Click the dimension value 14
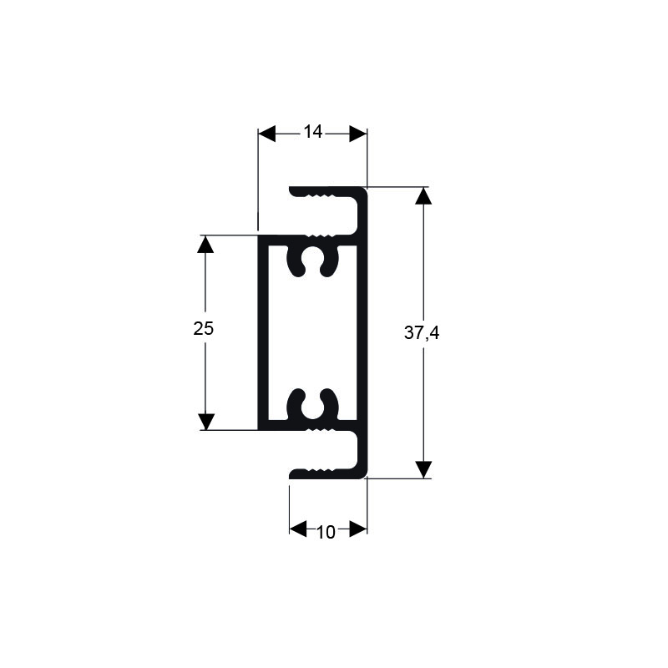(x=312, y=132)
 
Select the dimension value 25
(x=203, y=328)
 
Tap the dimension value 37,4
(x=422, y=332)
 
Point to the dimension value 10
(x=326, y=532)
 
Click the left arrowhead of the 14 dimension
(x=266, y=134)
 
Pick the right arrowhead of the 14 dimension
(x=358, y=134)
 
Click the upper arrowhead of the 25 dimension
(x=205, y=244)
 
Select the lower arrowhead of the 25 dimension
(x=205, y=422)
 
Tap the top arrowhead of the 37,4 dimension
(x=423, y=196)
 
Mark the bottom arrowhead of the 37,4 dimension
(x=423, y=469)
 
